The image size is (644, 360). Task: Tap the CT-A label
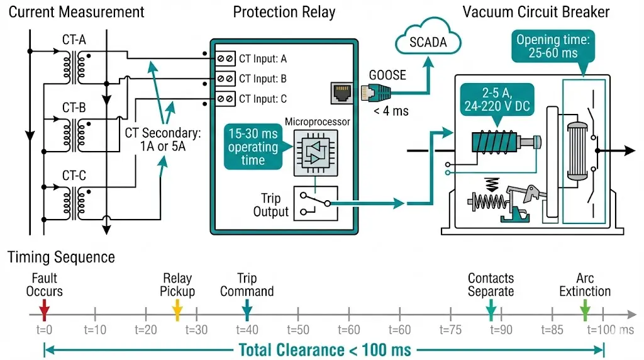point(75,40)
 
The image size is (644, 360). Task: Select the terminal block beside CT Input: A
point(225,59)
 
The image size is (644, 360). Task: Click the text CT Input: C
point(263,99)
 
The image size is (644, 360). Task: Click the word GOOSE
point(387,76)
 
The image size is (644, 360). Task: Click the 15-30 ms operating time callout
point(253,147)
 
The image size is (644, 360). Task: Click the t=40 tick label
point(247,330)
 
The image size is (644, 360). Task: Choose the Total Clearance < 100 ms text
point(325,350)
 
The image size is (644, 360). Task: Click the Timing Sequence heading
point(61,257)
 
